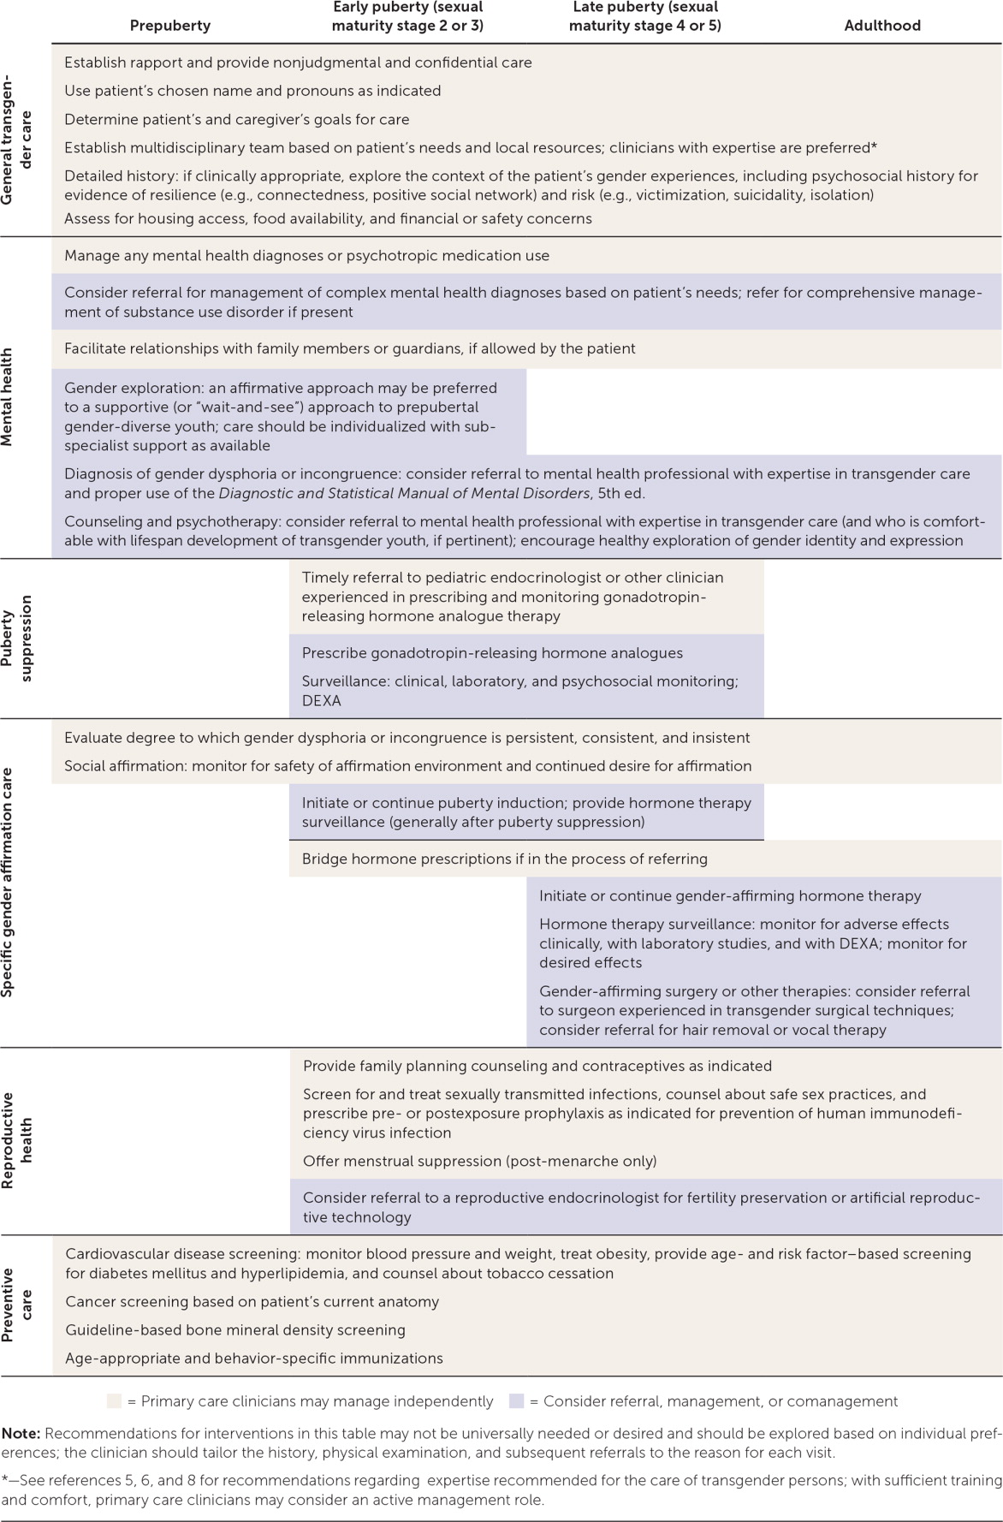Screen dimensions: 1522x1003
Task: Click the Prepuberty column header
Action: point(169,26)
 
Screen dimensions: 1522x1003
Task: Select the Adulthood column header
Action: point(882,26)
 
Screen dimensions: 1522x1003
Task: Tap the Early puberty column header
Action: point(407,16)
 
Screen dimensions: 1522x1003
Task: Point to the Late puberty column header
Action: point(644,16)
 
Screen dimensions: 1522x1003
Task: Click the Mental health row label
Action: point(7,397)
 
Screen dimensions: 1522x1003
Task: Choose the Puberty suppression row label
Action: point(17,639)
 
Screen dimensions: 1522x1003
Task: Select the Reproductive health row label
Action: point(17,1140)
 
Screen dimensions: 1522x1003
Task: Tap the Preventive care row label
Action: point(17,1305)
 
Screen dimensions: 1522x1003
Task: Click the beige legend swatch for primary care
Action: point(114,1401)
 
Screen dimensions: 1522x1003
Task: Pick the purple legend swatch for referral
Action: point(516,1401)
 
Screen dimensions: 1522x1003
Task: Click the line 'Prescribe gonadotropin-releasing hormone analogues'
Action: point(492,653)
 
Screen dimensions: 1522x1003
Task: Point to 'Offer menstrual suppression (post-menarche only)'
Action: point(479,1161)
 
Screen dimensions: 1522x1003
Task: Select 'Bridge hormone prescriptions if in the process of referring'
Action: point(504,859)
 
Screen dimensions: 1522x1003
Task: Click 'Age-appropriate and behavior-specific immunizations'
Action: point(254,1358)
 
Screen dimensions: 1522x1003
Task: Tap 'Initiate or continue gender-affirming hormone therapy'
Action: point(730,895)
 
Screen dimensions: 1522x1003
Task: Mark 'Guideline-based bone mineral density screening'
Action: point(235,1329)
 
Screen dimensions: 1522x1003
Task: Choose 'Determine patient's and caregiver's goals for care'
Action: point(237,119)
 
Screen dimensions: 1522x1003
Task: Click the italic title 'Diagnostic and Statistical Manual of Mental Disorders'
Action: point(404,493)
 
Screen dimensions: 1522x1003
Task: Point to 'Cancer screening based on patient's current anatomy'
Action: point(252,1301)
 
